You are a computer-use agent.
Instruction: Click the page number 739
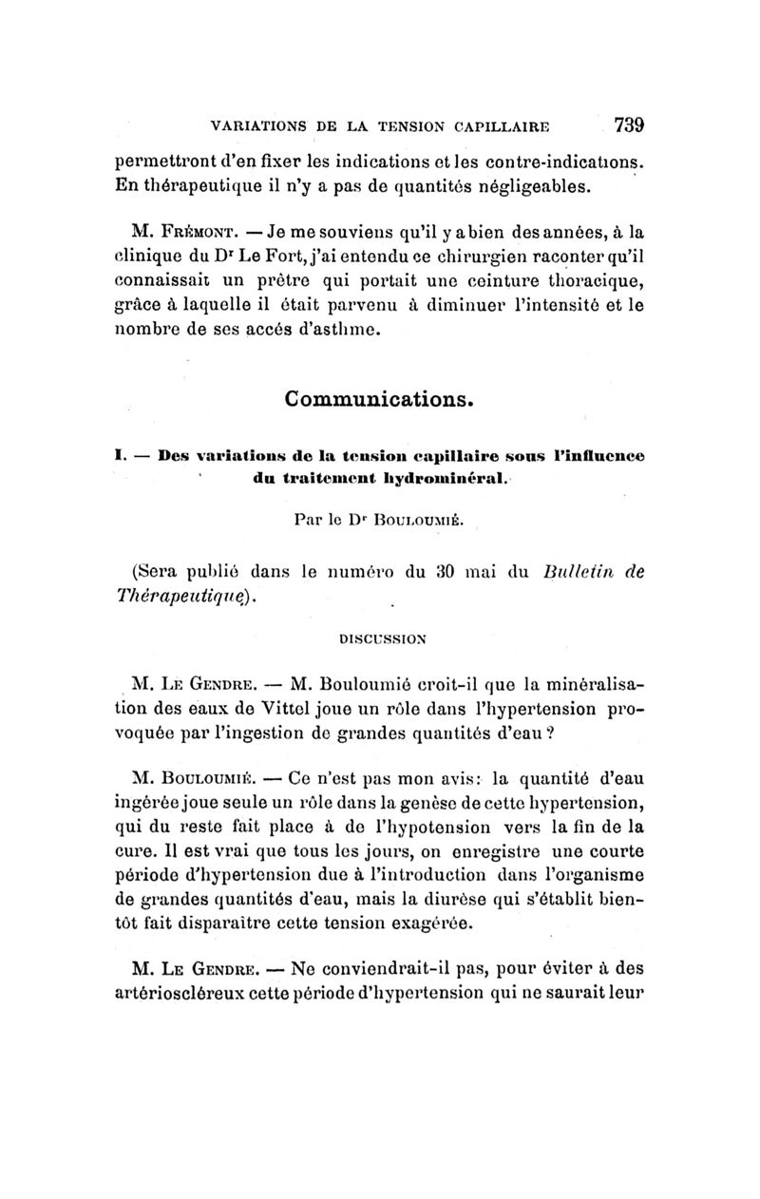[x=629, y=124]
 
